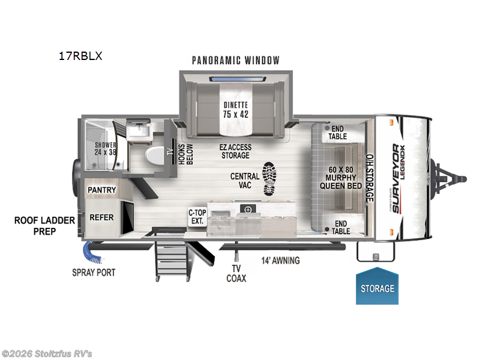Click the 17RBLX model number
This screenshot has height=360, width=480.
point(80,57)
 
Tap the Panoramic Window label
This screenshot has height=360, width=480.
point(236,60)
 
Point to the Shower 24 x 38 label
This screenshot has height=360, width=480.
point(104,148)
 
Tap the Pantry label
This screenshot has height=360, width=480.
point(101,190)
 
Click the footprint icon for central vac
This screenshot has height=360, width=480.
point(270,179)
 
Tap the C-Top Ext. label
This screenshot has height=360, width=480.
point(197,217)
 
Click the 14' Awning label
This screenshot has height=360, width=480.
point(280,261)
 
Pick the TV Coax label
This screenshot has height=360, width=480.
point(236,273)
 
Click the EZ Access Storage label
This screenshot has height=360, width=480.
point(235,151)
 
